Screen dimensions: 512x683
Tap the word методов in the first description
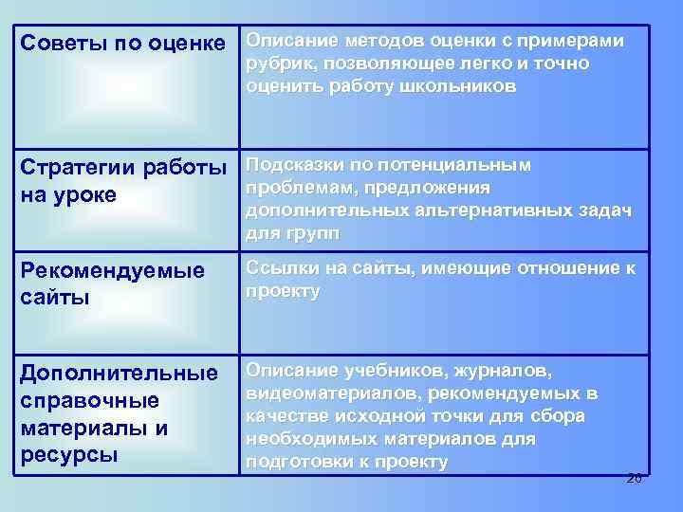[371, 41]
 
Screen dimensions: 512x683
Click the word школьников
[455, 86]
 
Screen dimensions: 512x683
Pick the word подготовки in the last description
[298, 462]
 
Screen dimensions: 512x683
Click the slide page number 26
[634, 478]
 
